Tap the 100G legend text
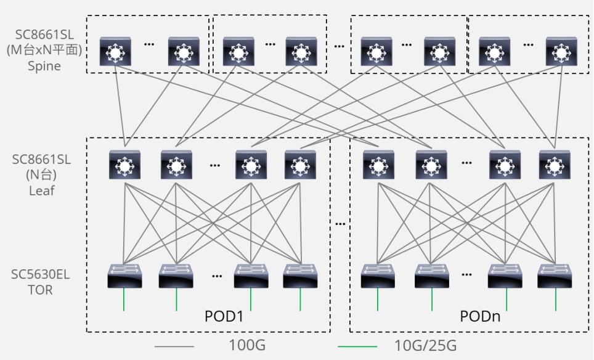click(x=246, y=346)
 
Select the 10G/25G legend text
click(x=425, y=346)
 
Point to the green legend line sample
click(x=358, y=346)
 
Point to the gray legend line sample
click(x=174, y=346)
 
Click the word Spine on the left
click(x=44, y=66)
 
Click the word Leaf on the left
click(x=42, y=190)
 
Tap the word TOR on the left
click(x=41, y=289)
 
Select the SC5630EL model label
click(x=41, y=274)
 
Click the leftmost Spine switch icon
click(x=115, y=52)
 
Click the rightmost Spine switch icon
click(x=561, y=52)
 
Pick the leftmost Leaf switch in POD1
click(x=125, y=165)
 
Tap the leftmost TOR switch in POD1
click(x=124, y=276)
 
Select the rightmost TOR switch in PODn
click(x=555, y=276)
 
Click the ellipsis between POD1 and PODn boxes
click(x=340, y=223)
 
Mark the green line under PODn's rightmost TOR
click(x=556, y=300)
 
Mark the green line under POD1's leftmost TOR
click(x=124, y=300)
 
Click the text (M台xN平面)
click(x=44, y=51)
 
